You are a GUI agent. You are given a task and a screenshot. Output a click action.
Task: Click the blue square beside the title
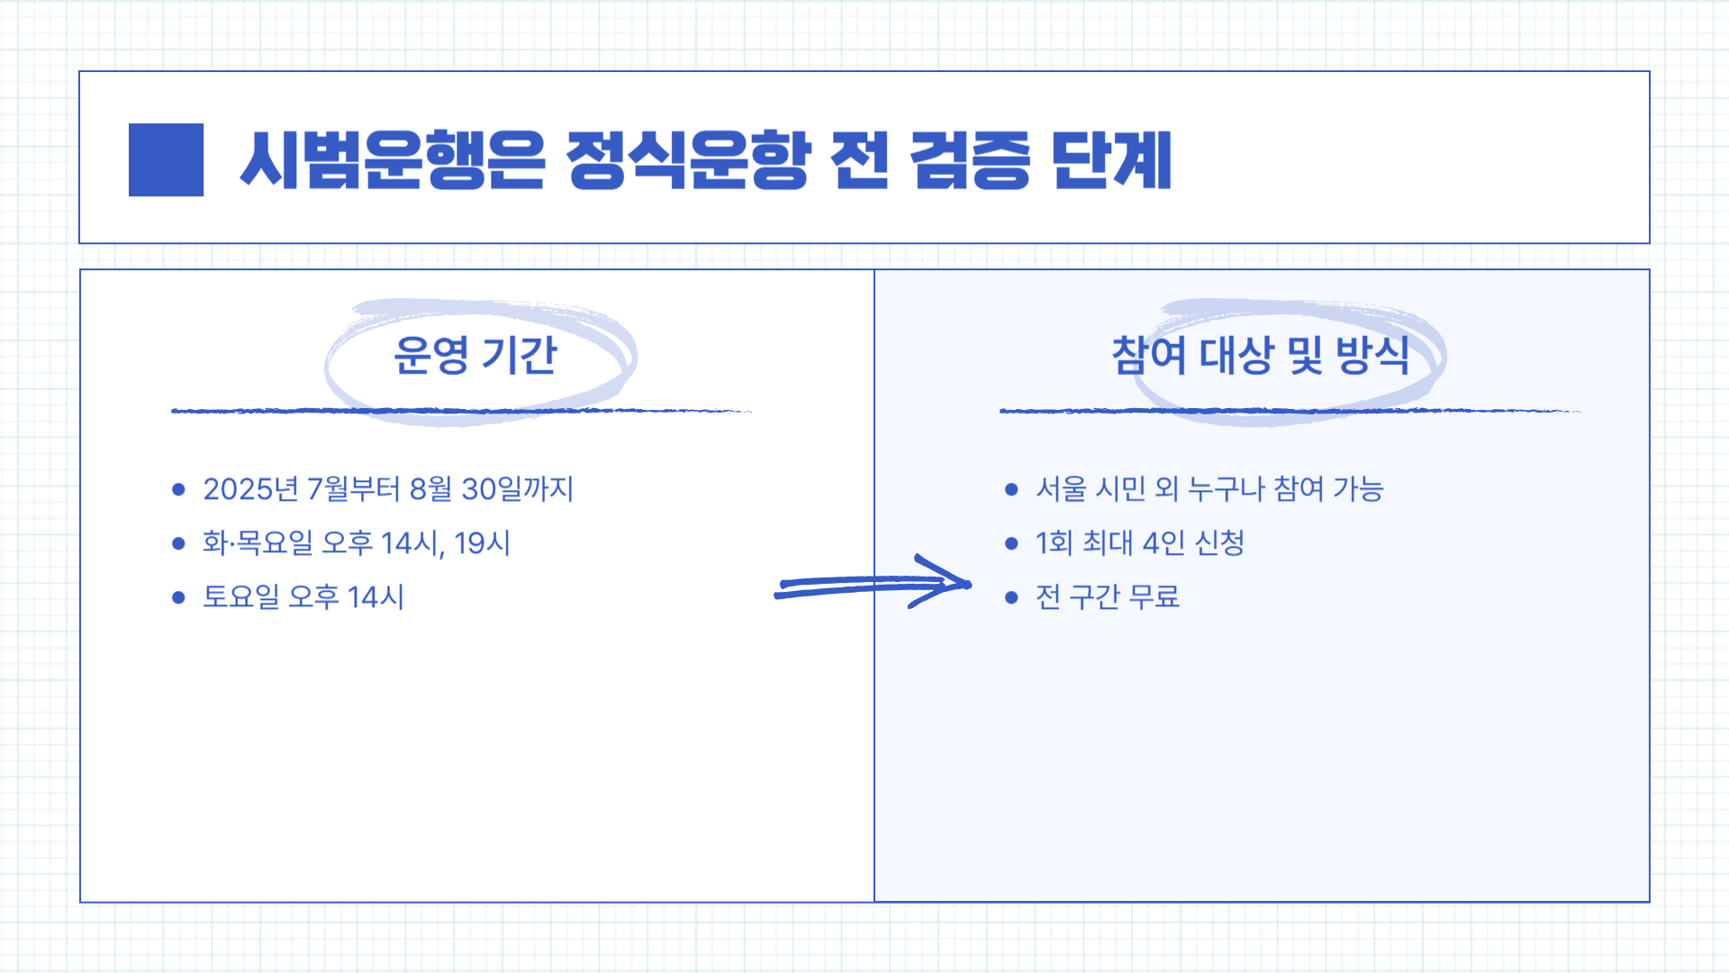[x=166, y=159]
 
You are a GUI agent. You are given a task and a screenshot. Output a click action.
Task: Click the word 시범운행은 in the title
[x=393, y=160]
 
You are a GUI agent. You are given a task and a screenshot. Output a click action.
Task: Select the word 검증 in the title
[x=970, y=160]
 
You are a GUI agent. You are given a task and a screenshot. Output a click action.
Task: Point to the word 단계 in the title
[x=1112, y=160]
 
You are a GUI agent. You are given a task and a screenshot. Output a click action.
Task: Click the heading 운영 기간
[x=475, y=355]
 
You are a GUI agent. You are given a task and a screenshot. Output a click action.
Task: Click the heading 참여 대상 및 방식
[x=1260, y=355]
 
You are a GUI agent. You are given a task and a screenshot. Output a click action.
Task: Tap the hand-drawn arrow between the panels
[x=872, y=584]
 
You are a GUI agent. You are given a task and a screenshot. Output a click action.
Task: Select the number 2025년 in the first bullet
[x=250, y=489]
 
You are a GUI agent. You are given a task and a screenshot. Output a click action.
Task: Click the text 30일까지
[x=517, y=489]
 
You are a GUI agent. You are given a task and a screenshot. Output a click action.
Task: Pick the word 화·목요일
[x=258, y=543]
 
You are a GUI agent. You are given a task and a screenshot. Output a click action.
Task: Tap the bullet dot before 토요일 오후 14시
[x=178, y=597]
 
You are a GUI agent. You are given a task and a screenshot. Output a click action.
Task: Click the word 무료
[x=1154, y=596]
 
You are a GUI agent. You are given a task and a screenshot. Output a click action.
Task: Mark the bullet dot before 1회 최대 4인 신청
[x=1011, y=543]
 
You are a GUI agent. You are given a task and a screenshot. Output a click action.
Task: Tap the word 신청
[x=1219, y=543]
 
